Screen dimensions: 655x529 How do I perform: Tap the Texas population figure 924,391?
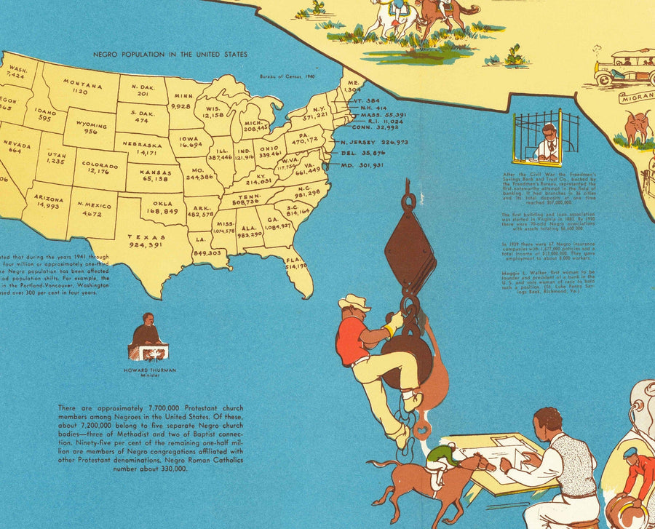pyautogui.click(x=146, y=246)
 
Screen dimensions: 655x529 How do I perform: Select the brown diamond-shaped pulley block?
pyautogui.click(x=409, y=251)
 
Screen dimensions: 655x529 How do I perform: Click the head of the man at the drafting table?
pyautogui.click(x=545, y=422)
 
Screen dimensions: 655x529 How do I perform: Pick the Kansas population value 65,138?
pyautogui.click(x=148, y=178)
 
